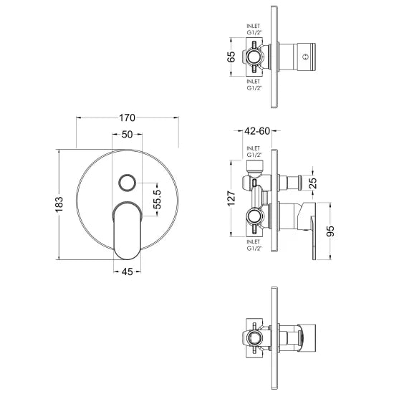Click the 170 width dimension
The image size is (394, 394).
(128, 117)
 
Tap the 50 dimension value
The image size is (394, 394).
(128, 135)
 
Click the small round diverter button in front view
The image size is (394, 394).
(128, 182)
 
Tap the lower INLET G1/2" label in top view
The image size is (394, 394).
(253, 86)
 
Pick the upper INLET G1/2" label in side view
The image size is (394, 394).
(254, 153)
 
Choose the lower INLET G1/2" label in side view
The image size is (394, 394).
(254, 247)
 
